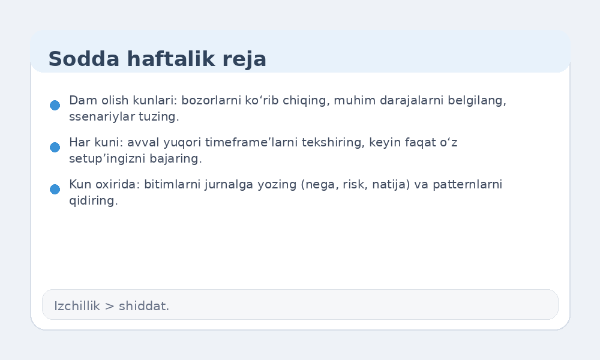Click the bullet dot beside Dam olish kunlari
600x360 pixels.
55,105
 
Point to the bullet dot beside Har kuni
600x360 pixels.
55,147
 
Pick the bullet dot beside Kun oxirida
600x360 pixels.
55,189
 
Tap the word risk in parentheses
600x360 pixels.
356,185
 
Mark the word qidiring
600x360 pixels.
93,201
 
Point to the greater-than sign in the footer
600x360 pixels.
109,306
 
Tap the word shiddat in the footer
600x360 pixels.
143,306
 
